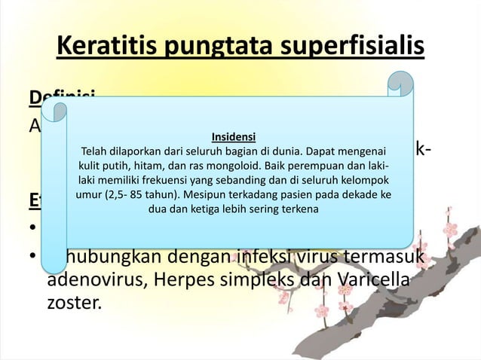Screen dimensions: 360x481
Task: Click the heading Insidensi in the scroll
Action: click(233, 137)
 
